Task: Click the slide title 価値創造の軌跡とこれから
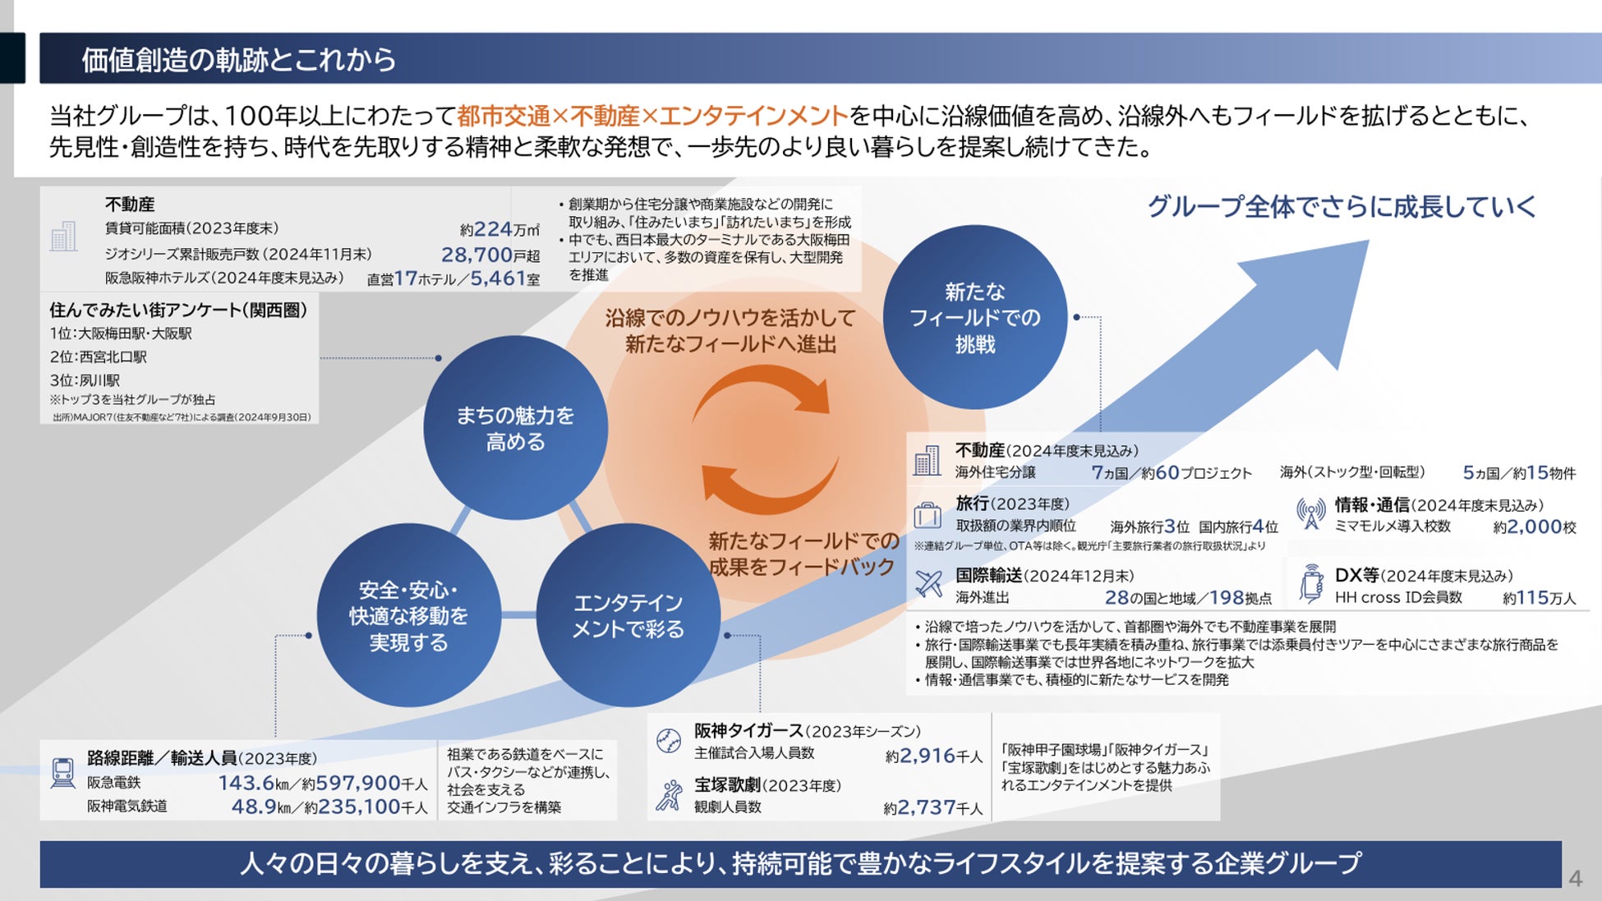[x=238, y=59]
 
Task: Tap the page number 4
[x=1575, y=878]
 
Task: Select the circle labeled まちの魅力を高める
[x=515, y=428]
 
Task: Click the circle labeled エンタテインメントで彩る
[x=628, y=615]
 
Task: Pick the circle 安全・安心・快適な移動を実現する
[x=408, y=615]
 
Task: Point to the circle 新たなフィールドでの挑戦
[x=975, y=317]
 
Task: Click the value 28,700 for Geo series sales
[x=476, y=255]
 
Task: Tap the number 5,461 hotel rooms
[x=498, y=278]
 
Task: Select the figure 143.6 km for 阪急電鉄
[x=246, y=783]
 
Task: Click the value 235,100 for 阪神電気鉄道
[x=359, y=807]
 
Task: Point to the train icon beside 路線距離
[x=63, y=772]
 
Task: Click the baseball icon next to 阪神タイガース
[x=669, y=741]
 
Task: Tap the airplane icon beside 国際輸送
[x=928, y=584]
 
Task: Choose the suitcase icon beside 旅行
[x=928, y=515]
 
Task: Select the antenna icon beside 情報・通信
[x=1310, y=513]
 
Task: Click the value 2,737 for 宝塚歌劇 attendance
[x=927, y=807]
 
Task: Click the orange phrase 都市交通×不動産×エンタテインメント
[x=652, y=116]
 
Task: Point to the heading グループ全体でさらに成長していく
[x=1342, y=206]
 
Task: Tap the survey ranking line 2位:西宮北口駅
[x=99, y=356]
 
